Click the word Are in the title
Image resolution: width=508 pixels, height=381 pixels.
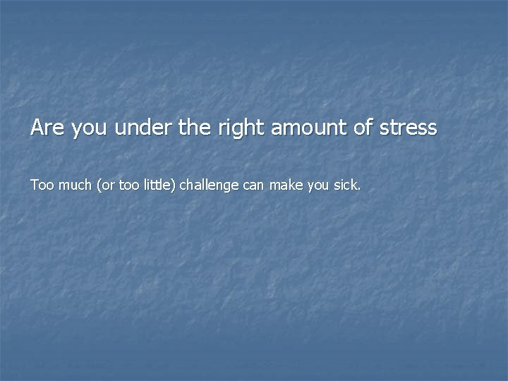44,128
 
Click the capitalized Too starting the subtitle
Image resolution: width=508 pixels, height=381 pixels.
40,186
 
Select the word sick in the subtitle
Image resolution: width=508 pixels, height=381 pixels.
344,186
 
